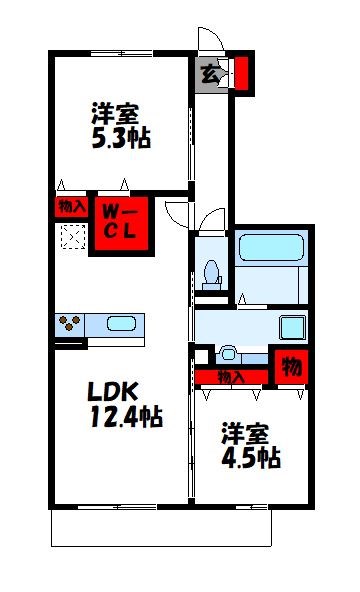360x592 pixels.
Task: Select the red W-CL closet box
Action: pyautogui.click(x=121, y=227)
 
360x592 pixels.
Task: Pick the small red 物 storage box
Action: pyautogui.click(x=291, y=367)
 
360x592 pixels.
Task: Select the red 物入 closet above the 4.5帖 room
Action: pyautogui.click(x=231, y=377)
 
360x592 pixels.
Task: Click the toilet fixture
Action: pyautogui.click(x=211, y=271)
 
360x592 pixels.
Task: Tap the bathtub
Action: pyautogui.click(x=273, y=246)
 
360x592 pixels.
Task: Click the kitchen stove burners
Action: pyautogui.click(x=71, y=324)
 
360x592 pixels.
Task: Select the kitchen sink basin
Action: pyautogui.click(x=120, y=324)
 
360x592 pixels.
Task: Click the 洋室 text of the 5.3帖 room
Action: pyautogui.click(x=114, y=111)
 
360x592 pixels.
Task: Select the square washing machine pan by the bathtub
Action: pyautogui.click(x=292, y=327)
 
